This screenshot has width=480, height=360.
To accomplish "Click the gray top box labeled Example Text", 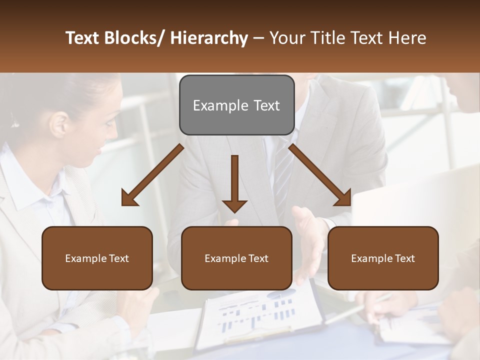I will click(x=236, y=105).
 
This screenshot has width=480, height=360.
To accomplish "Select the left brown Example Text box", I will click(x=97, y=258).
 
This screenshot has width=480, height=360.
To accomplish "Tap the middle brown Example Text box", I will click(x=236, y=258).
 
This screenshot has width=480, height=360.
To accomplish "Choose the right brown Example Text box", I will click(x=383, y=258).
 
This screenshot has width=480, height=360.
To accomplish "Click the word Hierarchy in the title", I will click(x=209, y=38).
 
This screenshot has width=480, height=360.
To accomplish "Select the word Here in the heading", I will click(x=408, y=38).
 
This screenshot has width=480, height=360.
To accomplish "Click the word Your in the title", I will click(x=287, y=38).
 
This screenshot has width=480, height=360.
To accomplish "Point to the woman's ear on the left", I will click(x=59, y=124).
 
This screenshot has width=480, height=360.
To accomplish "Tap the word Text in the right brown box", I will click(x=404, y=258).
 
